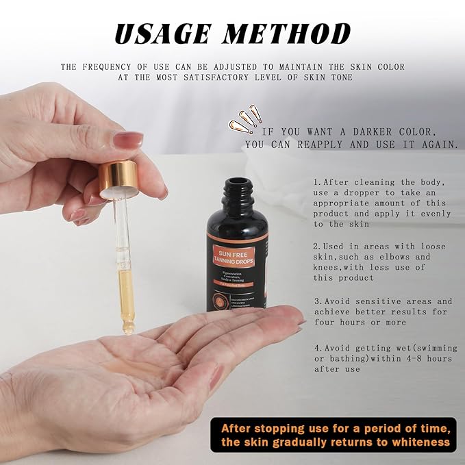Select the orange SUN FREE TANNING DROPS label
(x=237, y=256)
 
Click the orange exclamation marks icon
(x=244, y=120)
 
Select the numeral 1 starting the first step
(x=316, y=183)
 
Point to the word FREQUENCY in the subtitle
(x=116, y=67)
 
